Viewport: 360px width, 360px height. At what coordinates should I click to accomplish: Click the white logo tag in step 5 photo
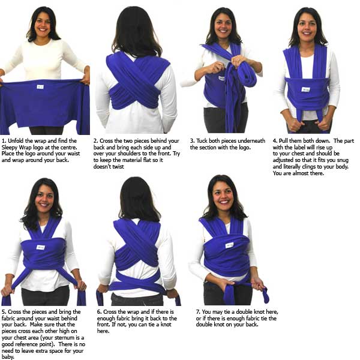pyautogui.click(x=40, y=247)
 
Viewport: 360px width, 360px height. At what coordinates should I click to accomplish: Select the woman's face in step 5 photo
pyautogui.click(x=43, y=198)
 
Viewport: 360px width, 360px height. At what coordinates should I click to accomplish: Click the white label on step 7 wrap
pyautogui.click(x=229, y=245)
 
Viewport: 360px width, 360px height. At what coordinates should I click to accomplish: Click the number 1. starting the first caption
pyautogui.click(x=4, y=140)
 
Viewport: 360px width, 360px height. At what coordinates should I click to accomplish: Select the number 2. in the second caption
pyautogui.click(x=97, y=140)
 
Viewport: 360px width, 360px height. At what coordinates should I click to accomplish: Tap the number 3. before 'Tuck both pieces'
pyautogui.click(x=193, y=140)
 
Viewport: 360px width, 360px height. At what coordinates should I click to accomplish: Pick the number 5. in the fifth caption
pyautogui.click(x=4, y=312)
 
